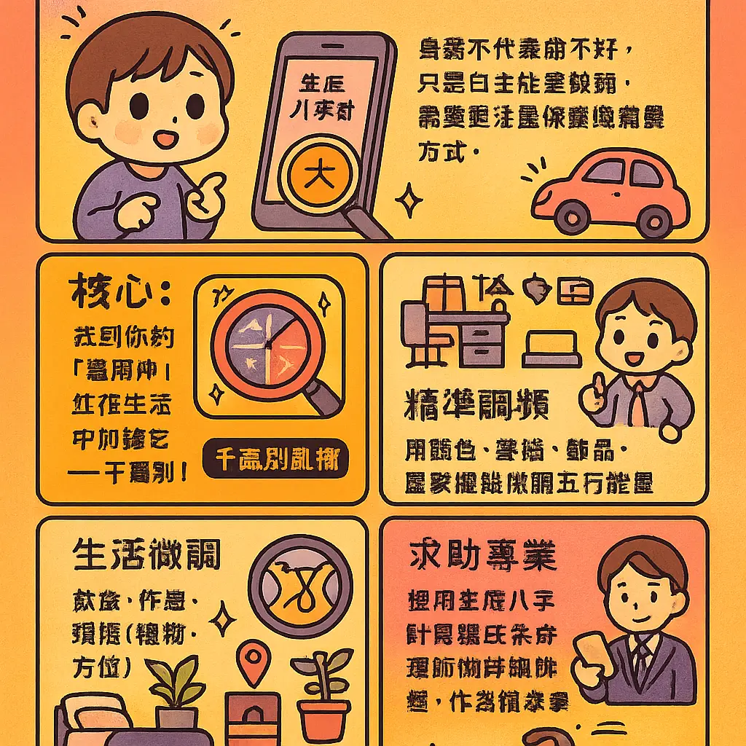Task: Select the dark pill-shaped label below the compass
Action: pos(276,460)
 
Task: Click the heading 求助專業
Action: pos(482,557)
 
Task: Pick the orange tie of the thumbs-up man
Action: pos(638,404)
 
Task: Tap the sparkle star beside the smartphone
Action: pos(411,197)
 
